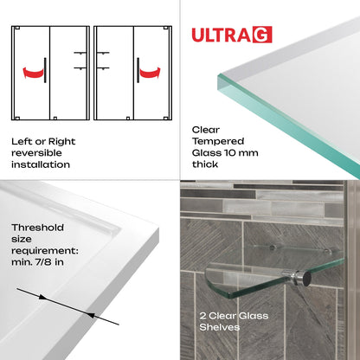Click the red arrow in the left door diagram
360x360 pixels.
[x=32, y=68]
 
